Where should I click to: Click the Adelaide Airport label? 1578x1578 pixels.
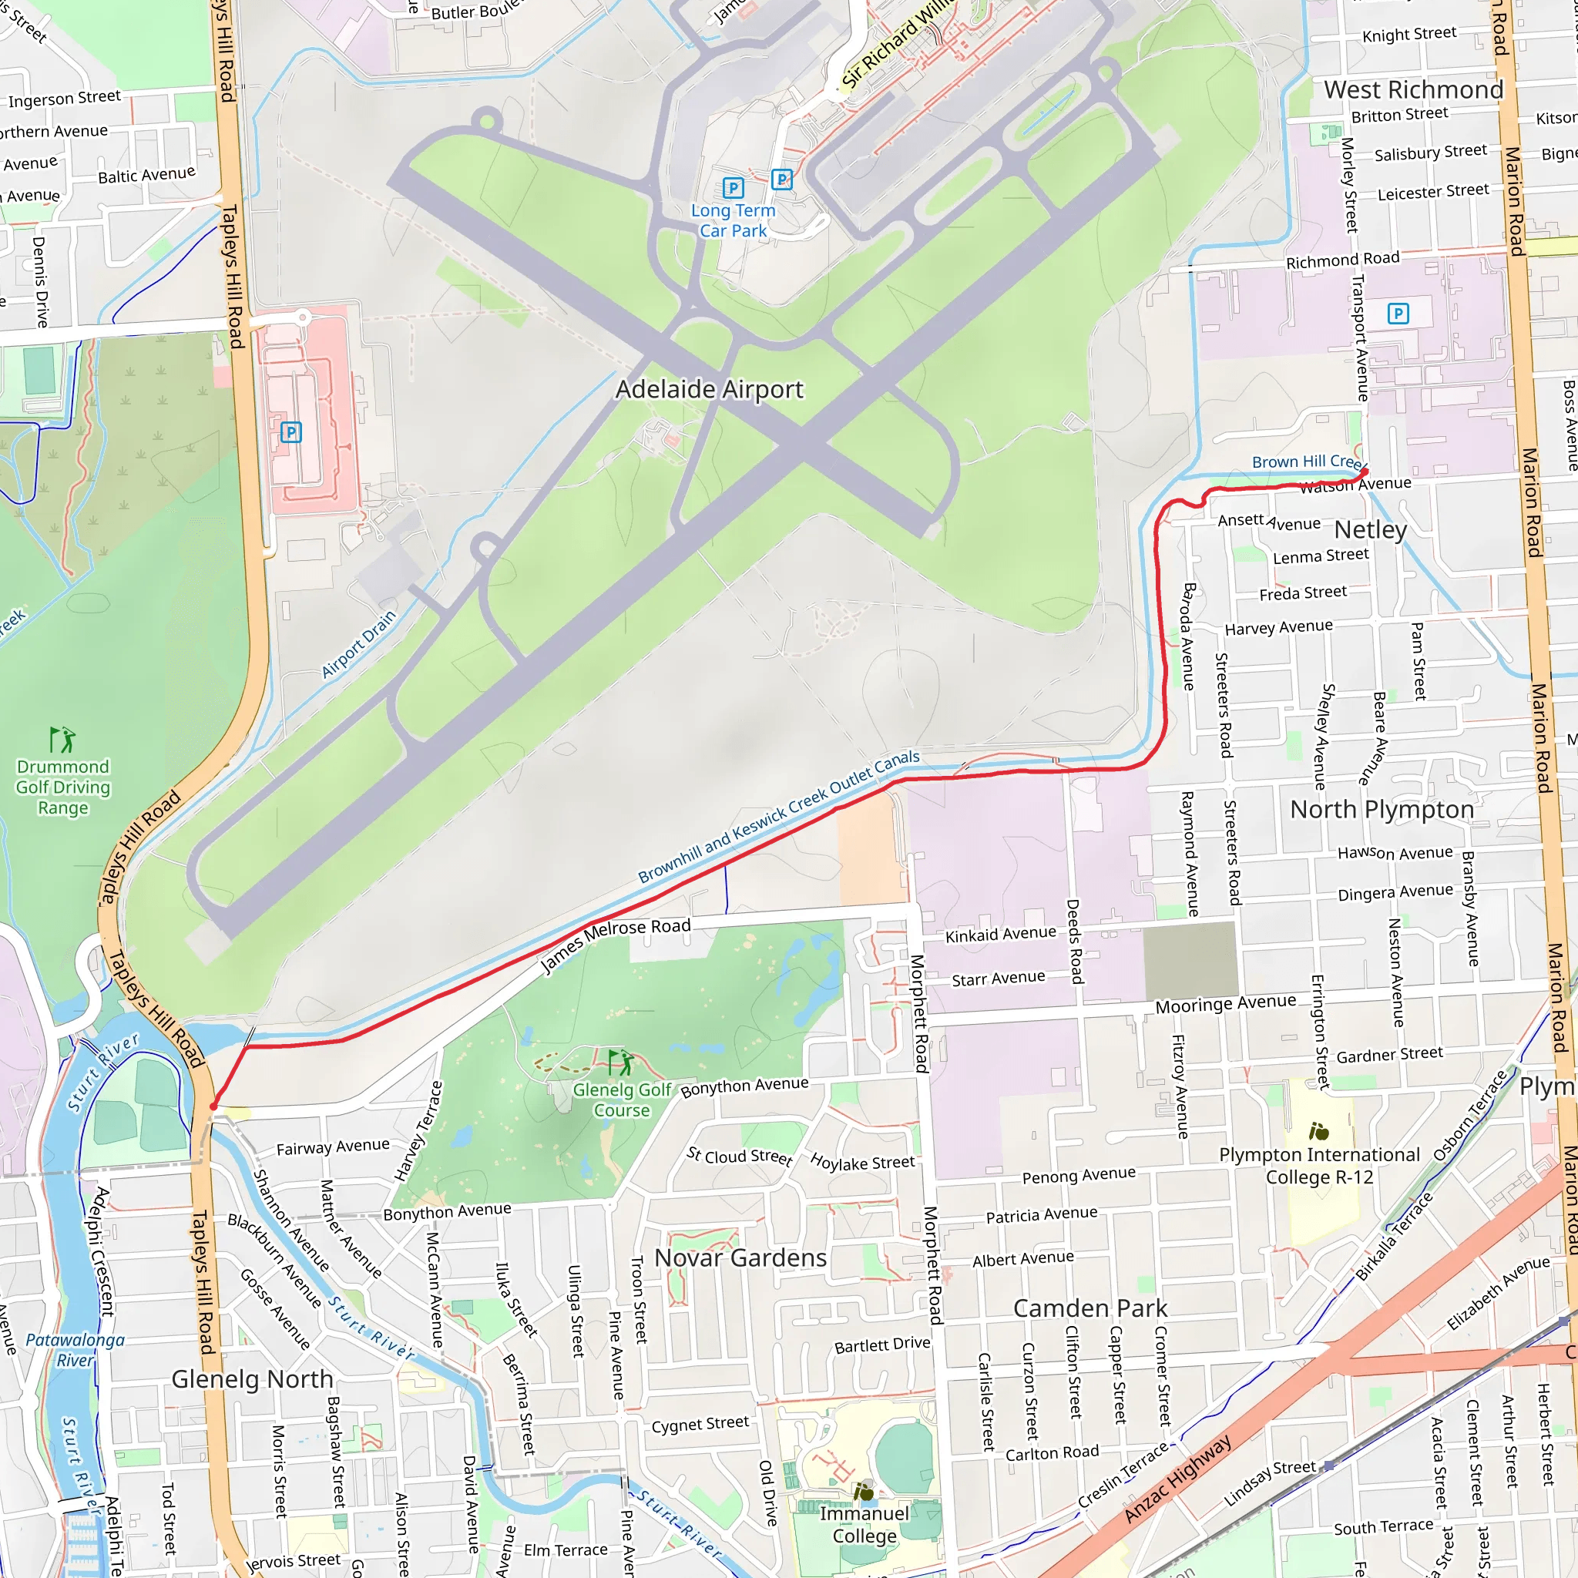(x=709, y=389)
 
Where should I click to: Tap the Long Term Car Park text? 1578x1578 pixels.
(x=733, y=220)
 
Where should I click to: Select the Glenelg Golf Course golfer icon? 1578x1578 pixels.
(x=622, y=1062)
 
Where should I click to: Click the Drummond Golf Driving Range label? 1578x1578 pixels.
(x=63, y=787)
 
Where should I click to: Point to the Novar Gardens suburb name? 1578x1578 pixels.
(x=740, y=1257)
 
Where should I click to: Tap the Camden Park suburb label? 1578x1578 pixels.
(x=1089, y=1308)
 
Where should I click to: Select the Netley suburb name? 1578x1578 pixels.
(x=1370, y=529)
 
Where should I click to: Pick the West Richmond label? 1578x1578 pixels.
(x=1413, y=89)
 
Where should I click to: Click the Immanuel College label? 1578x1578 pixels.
(x=865, y=1524)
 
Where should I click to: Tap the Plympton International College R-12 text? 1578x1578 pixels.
(x=1319, y=1166)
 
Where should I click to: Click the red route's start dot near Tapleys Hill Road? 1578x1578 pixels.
(x=213, y=1106)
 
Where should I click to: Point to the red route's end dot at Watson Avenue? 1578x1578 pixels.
(x=1364, y=472)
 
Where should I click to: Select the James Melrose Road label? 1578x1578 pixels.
(x=616, y=944)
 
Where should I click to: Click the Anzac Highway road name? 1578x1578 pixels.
(x=1177, y=1479)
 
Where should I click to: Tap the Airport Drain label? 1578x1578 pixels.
(x=358, y=643)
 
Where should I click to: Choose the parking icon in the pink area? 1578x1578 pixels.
(x=290, y=432)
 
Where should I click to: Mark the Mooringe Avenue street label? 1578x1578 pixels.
(x=1225, y=1004)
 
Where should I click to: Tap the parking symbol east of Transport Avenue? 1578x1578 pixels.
(x=1398, y=313)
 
